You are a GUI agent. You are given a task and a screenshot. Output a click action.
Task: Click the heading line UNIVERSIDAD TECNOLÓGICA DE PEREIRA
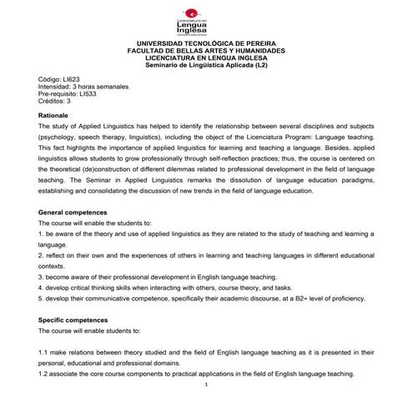pyautogui.click(x=205, y=43)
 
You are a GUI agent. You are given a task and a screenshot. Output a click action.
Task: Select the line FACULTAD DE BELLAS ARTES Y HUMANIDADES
pyautogui.click(x=205, y=50)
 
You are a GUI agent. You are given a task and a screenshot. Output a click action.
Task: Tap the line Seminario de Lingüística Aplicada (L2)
pyautogui.click(x=205, y=64)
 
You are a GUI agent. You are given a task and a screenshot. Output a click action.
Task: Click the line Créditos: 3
pyautogui.click(x=60, y=101)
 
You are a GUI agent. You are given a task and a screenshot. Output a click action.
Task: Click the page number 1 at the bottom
pyautogui.click(x=205, y=386)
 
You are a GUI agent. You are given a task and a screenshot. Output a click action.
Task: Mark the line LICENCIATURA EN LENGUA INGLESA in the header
pyautogui.click(x=205, y=57)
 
